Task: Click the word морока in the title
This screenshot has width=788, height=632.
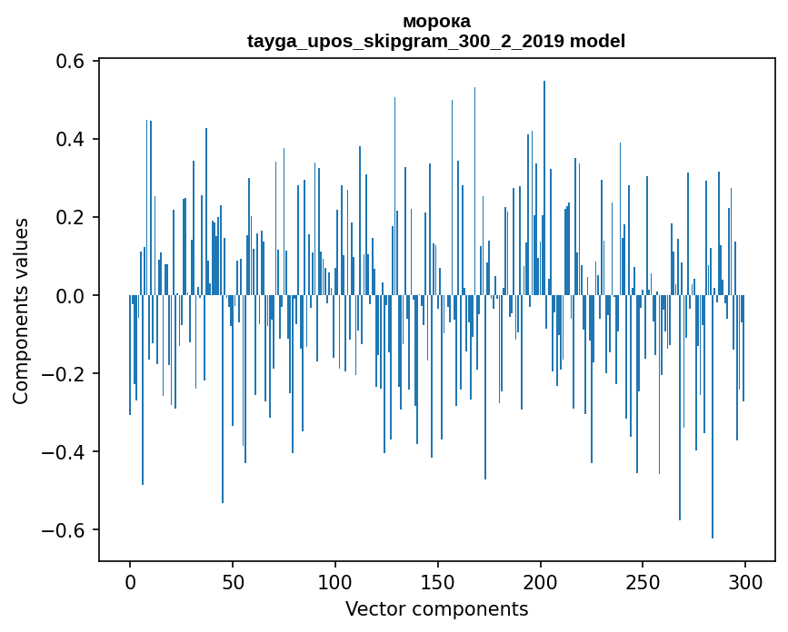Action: pyautogui.click(x=436, y=21)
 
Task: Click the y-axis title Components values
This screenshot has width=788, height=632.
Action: pyautogui.click(x=21, y=311)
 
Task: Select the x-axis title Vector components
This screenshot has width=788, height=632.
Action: pyautogui.click(x=436, y=609)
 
